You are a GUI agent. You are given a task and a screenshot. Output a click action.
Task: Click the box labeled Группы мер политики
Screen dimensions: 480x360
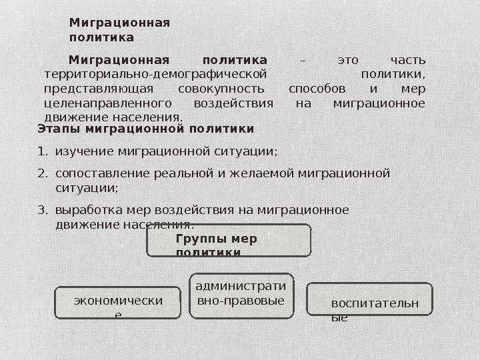coord(229,240)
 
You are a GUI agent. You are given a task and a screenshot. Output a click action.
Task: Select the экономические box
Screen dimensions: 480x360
coord(118,303)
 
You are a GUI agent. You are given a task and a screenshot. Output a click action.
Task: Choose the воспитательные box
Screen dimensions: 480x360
coord(370,299)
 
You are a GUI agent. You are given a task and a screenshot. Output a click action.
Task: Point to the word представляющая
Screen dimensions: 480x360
coord(98,89)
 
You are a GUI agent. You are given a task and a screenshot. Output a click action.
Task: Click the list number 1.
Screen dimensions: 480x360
coord(43,151)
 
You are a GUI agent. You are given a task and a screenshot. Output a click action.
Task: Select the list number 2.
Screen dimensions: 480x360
coord(43,174)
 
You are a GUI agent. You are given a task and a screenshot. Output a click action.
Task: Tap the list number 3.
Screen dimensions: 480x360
coord(43,210)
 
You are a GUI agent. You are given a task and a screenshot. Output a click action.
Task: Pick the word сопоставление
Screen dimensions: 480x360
coord(98,174)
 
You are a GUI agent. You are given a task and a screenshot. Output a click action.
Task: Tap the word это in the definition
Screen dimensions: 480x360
coord(348,60)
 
